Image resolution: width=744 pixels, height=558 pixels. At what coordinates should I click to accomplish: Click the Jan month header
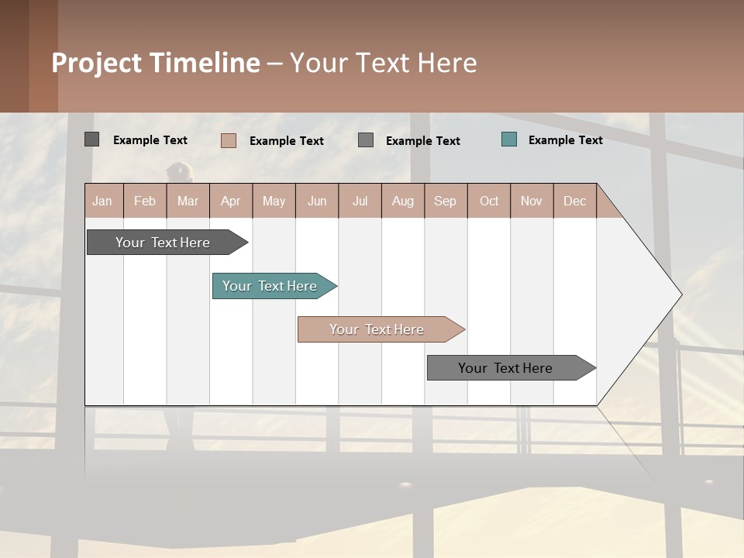[x=102, y=201]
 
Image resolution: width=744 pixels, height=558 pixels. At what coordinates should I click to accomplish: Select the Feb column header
[x=145, y=201]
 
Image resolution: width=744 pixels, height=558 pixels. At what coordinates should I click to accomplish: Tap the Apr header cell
[x=230, y=201]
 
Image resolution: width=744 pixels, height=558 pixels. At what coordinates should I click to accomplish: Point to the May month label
[x=274, y=201]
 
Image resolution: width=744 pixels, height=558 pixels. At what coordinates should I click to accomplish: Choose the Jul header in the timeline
[x=360, y=201]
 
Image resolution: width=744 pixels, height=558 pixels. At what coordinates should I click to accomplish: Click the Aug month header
[x=402, y=201]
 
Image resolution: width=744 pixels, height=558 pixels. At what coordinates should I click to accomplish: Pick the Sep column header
[x=445, y=201]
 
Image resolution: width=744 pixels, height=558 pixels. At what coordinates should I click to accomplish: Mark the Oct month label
[x=489, y=201]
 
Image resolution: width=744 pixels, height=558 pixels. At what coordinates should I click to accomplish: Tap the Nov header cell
[x=531, y=201]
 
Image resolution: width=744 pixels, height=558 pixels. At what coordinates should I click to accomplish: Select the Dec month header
[x=574, y=201]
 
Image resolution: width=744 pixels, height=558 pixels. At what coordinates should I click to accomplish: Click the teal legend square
[x=509, y=139]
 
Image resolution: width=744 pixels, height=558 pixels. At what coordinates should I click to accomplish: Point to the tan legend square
[x=229, y=140]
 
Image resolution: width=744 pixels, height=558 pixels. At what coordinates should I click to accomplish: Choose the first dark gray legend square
[x=92, y=139]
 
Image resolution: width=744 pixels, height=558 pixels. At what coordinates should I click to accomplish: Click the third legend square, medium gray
[x=366, y=139]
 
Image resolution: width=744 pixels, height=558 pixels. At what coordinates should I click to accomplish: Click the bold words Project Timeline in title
[x=156, y=63]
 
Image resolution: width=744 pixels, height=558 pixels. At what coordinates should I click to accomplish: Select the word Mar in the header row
[x=188, y=201]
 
